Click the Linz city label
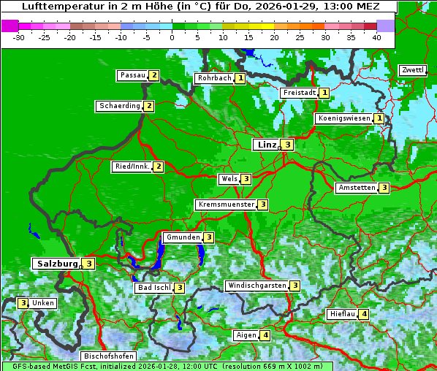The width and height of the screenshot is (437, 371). (x=267, y=145)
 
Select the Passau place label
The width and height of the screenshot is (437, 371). (x=132, y=75)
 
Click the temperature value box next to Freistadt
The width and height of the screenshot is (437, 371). (x=324, y=93)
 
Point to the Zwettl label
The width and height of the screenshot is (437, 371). (x=412, y=70)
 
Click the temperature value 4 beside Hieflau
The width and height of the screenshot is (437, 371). (x=364, y=314)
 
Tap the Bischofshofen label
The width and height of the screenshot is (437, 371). (x=108, y=356)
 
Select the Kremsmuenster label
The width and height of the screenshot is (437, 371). (x=226, y=204)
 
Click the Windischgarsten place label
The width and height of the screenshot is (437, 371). (x=256, y=286)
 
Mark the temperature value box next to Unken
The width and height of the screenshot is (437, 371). (x=23, y=303)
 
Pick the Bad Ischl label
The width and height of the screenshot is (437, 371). (x=154, y=288)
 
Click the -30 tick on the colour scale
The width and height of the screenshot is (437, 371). (x=19, y=37)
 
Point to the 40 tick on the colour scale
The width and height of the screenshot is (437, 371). (x=376, y=37)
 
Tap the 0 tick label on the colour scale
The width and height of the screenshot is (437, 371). (x=172, y=37)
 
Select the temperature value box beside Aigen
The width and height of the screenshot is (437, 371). (x=265, y=335)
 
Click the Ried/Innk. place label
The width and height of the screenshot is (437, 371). (x=132, y=167)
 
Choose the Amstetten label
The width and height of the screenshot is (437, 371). (x=357, y=188)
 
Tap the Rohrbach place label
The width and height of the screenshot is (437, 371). (x=214, y=78)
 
